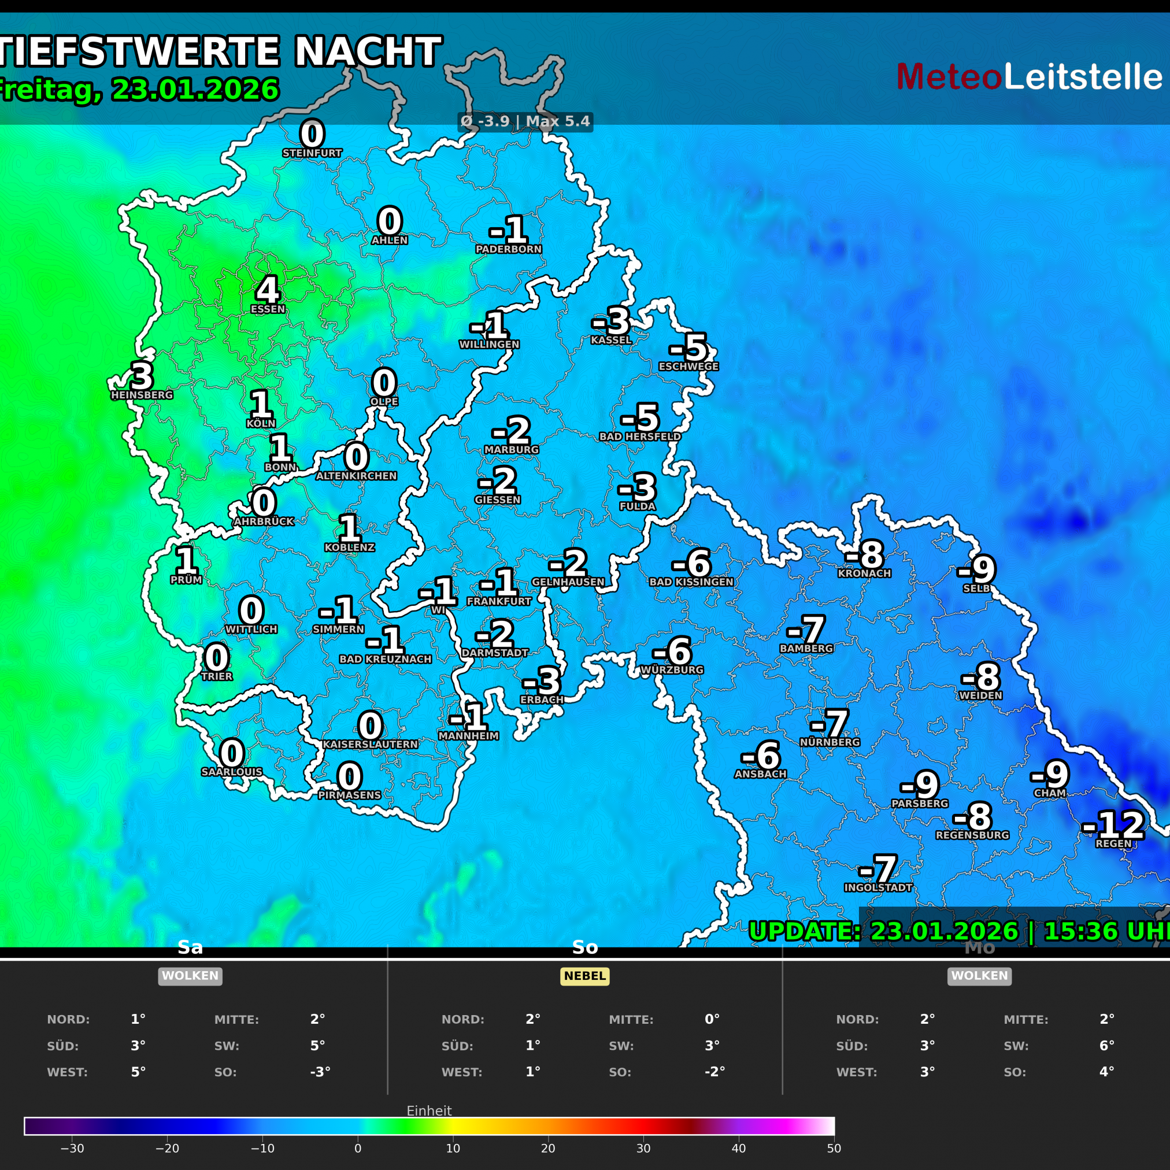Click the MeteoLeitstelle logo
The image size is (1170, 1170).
coord(1029,77)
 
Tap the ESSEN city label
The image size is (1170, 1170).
coord(268,309)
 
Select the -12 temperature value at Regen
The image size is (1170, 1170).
coord(1113,825)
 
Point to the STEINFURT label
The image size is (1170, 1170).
coord(313,153)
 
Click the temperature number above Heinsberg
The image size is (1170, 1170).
coord(142,376)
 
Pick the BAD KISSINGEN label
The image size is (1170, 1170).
coord(691,582)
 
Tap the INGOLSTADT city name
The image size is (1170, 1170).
coord(878,888)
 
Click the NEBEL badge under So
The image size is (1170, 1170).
coord(584,976)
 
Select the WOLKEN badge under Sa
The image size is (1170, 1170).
coord(190,976)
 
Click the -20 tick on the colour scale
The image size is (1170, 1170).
coord(167,1148)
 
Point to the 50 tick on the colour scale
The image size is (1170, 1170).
coord(834,1148)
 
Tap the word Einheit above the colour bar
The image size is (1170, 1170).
coord(429,1110)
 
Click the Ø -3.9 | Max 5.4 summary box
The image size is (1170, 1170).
coord(525,122)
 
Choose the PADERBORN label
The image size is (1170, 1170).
coord(509,250)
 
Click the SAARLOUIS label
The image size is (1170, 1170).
coord(232,772)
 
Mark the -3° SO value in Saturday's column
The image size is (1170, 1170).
coord(320,1072)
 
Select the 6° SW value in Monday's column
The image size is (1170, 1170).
coord(1107,1046)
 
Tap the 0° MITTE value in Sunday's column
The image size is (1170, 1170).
coord(712,1019)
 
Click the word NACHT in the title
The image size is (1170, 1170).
coord(368,52)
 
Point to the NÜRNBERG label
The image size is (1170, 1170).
coord(830,742)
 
